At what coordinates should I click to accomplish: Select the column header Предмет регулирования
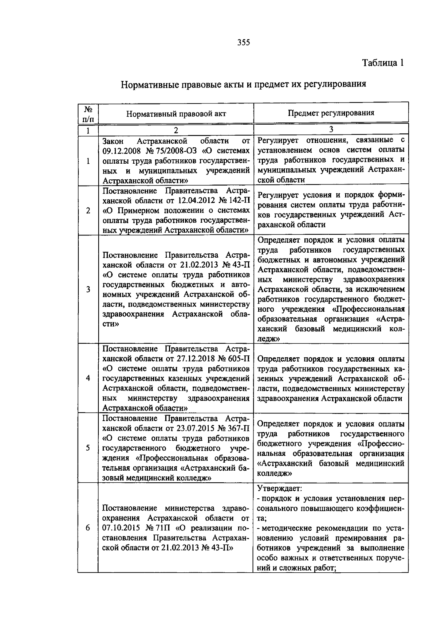click(x=331, y=113)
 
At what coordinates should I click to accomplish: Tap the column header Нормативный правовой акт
click(x=176, y=113)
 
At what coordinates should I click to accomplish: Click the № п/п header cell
click(x=88, y=113)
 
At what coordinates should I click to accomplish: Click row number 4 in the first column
click(x=88, y=378)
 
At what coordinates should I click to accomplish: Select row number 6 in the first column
click(x=88, y=527)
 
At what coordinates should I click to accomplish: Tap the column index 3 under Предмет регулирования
click(x=331, y=129)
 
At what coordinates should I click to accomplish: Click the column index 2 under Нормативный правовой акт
click(x=176, y=130)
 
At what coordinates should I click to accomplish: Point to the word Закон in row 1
click(x=113, y=141)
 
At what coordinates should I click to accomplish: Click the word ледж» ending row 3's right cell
click(x=268, y=339)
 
